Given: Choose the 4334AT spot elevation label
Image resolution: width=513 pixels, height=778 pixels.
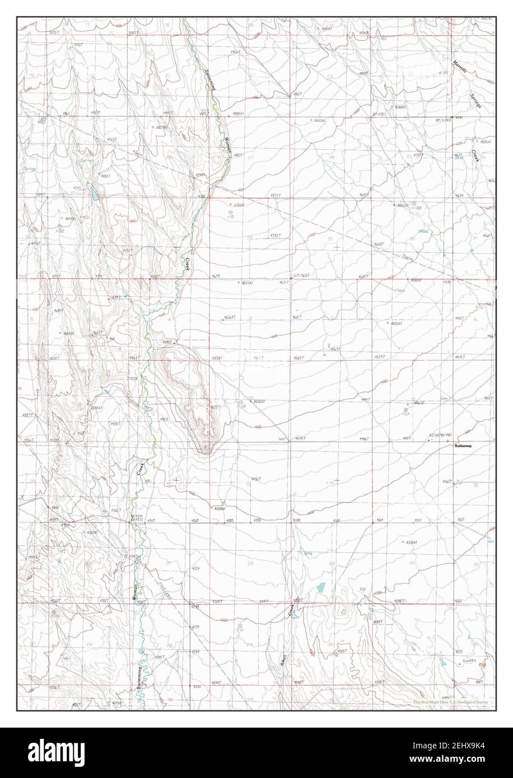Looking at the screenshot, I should click(411, 542).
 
